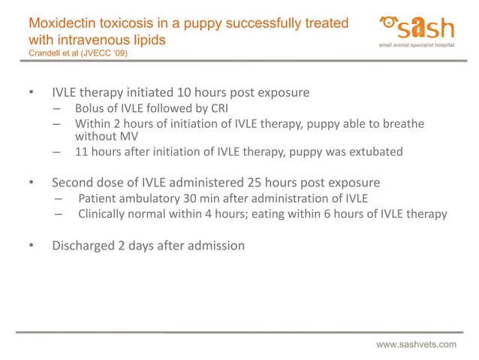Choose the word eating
(278, 213)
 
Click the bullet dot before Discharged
(31, 245)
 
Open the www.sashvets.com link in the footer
(416, 344)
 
